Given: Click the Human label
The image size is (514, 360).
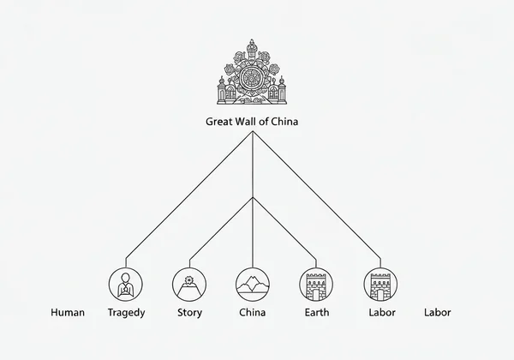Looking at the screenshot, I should (68, 313).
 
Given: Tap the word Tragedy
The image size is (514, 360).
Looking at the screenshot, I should (126, 313).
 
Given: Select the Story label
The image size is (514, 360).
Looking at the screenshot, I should (189, 313).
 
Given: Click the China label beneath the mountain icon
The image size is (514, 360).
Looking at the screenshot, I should (253, 313).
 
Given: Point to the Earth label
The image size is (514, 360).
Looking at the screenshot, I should (316, 313).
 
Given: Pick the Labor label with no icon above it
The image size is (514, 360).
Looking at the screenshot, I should (437, 313).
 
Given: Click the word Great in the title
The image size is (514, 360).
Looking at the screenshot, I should (220, 122).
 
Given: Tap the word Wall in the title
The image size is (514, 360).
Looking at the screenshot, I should (250, 122).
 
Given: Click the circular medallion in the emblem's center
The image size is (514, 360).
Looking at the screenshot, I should (252, 78).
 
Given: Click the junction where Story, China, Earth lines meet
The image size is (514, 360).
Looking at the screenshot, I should (253, 197).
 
